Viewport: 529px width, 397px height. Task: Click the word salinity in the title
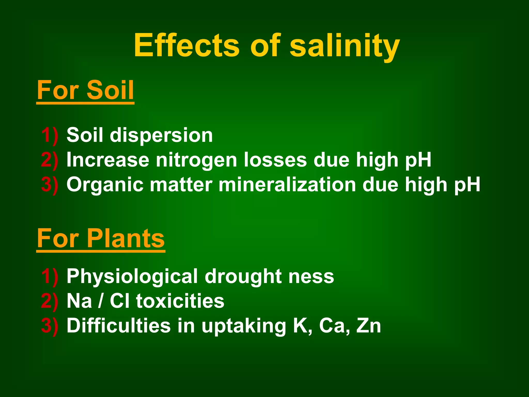click(x=345, y=46)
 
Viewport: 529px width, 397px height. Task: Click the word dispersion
click(x=161, y=135)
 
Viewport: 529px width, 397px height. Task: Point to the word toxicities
click(x=180, y=301)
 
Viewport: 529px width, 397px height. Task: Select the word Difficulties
click(x=119, y=325)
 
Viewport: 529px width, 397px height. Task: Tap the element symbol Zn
click(x=369, y=325)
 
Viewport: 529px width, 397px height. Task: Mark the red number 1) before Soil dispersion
click(x=50, y=135)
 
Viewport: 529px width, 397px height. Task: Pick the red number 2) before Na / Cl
click(x=50, y=301)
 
